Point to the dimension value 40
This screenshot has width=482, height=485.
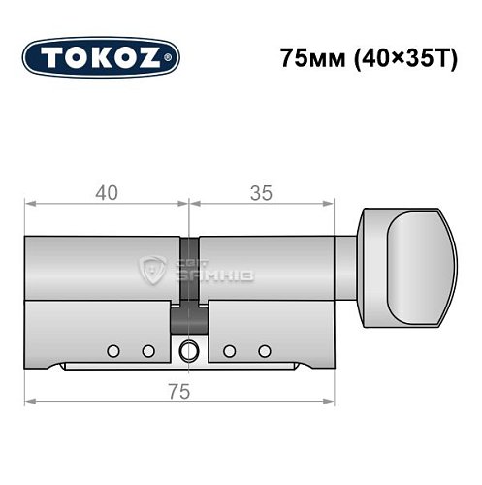(x=107, y=192)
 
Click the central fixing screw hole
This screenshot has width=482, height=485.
(x=188, y=349)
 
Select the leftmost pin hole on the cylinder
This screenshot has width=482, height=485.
(x=114, y=349)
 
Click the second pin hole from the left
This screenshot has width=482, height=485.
(x=148, y=349)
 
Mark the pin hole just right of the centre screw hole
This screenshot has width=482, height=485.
(x=229, y=349)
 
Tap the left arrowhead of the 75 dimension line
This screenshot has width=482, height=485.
(x=29, y=401)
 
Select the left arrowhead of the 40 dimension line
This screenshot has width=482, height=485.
(x=29, y=204)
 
